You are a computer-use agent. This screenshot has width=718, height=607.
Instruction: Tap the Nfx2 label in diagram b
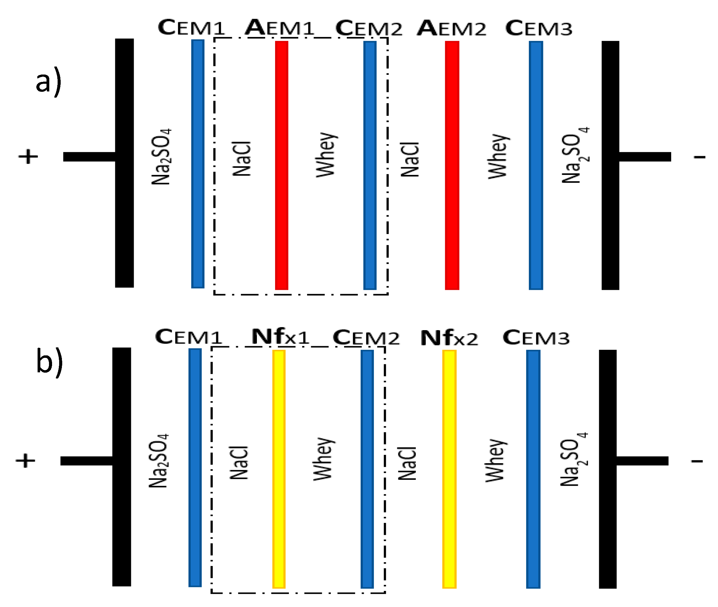[449, 338]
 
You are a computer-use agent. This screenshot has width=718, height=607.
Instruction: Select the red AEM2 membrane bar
[452, 165]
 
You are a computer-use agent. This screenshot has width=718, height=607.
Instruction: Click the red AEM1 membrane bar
[282, 165]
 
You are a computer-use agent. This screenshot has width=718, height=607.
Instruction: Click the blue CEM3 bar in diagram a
[536, 165]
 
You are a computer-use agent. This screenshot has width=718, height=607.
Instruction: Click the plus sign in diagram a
[28, 156]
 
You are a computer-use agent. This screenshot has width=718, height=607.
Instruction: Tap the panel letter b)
[50, 362]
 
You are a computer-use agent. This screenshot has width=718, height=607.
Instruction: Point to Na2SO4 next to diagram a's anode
[161, 156]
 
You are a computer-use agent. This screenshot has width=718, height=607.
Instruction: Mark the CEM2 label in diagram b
[366, 338]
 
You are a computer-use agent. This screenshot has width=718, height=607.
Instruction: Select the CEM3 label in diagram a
[539, 28]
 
